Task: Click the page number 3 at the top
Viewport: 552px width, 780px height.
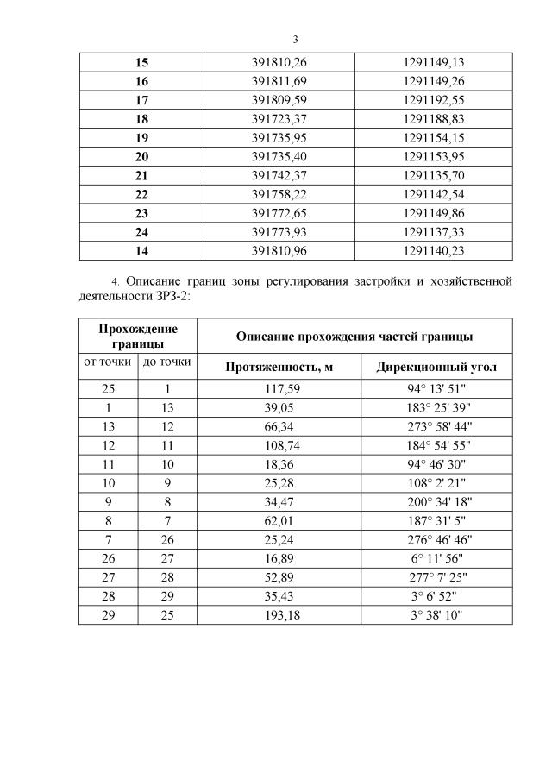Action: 295,40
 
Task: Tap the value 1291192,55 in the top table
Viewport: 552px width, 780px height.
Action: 434,99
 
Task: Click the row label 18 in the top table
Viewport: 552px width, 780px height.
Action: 142,118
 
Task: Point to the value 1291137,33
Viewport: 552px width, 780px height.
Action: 434,232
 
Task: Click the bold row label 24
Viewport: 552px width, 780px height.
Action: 142,232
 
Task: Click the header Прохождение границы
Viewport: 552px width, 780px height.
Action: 138,336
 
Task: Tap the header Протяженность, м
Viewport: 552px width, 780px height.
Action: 279,368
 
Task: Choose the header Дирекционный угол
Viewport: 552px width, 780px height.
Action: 436,368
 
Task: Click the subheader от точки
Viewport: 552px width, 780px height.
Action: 108,362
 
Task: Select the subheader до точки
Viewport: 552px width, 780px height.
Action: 167,362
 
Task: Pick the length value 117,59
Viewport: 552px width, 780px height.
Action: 279,389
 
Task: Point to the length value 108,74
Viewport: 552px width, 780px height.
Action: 279,446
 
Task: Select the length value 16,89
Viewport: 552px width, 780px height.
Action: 279,559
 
